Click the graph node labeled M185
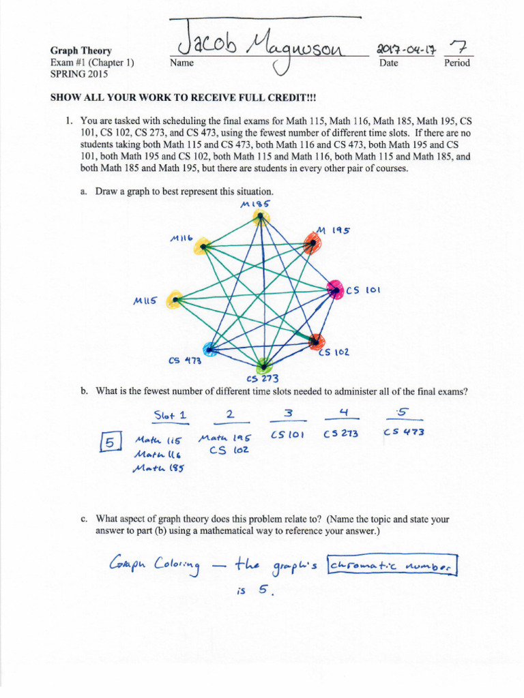point(259,218)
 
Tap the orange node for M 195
point(311,242)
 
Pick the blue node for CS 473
point(210,350)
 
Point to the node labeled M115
point(177,299)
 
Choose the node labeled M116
point(199,247)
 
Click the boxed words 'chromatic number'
point(392,566)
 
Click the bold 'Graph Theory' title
point(81,51)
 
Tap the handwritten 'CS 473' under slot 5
point(405,432)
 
